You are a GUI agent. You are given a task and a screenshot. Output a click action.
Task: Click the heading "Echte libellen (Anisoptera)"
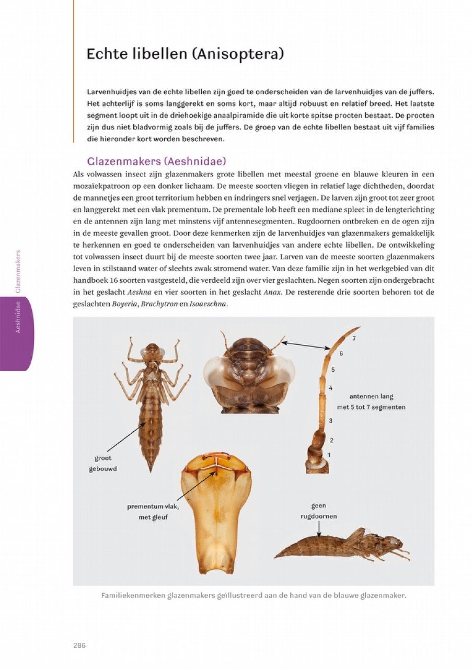pos(185,54)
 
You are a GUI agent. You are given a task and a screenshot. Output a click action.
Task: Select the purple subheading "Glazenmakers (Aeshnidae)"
pos(156,161)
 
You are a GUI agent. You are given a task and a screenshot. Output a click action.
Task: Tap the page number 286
pos(79,645)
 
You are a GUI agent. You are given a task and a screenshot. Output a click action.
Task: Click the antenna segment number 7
pos(354,338)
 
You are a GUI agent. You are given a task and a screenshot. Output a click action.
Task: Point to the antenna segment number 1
pos(329,455)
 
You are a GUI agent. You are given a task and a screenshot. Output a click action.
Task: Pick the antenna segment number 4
pos(331,388)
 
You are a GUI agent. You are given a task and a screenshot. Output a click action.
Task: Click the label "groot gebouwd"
pos(103,463)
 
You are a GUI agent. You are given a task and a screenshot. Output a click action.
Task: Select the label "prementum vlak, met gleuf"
pos(153,512)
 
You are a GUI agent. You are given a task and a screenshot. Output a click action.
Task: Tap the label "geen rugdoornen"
pos(318,511)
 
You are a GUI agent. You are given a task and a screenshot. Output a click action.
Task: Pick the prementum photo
pos(215,512)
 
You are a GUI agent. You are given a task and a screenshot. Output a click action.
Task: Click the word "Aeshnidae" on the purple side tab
pos(18,317)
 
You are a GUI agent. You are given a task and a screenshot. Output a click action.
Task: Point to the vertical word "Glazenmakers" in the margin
pos(18,271)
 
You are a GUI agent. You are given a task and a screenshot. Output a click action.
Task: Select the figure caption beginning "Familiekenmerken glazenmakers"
pos(253,595)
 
